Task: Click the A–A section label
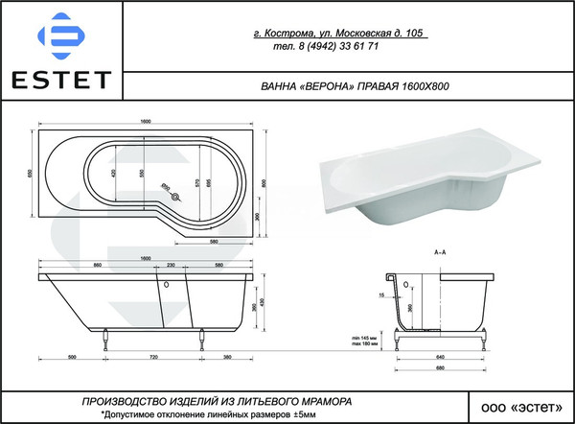click(441, 252)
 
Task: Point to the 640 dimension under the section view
click(440, 356)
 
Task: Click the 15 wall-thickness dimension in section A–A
click(382, 294)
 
